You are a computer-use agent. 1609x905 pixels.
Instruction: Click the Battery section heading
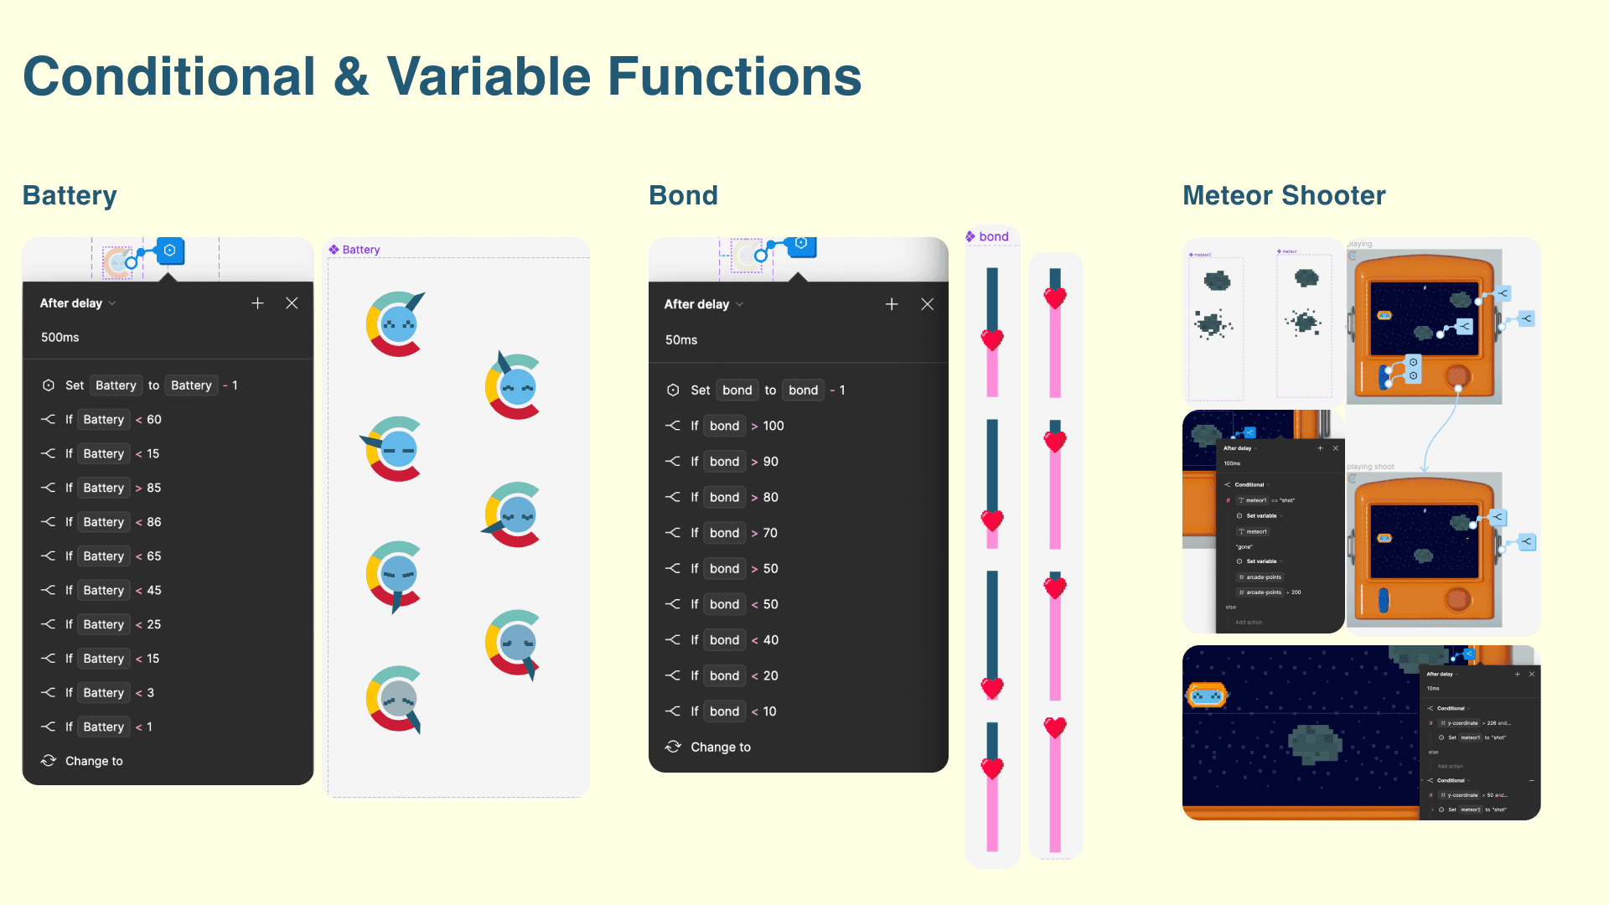[x=70, y=195]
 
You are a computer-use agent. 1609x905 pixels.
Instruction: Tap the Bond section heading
[x=683, y=195]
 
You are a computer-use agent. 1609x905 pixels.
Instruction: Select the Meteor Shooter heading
[x=1284, y=195]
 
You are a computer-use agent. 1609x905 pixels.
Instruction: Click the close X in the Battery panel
[x=292, y=303]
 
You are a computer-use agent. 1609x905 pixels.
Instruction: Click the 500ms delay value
[x=60, y=338]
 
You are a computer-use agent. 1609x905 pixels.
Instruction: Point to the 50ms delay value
[x=681, y=340]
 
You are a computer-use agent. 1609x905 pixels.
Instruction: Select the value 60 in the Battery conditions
[x=154, y=420]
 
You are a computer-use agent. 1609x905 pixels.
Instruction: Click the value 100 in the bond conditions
[x=773, y=426]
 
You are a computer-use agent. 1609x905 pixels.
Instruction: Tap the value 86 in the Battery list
[x=154, y=522]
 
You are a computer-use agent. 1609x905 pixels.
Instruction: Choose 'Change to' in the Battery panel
[x=94, y=761]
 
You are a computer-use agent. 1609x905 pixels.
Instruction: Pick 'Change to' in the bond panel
[x=721, y=747]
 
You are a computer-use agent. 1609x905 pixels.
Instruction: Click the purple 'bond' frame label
[x=993, y=237]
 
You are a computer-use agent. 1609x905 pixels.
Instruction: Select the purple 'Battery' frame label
[x=360, y=250]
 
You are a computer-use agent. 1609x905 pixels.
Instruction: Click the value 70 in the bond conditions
[x=770, y=533]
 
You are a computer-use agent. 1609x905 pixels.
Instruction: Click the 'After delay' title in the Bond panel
[x=696, y=304]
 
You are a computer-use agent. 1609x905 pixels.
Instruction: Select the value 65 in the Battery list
[x=154, y=556]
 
